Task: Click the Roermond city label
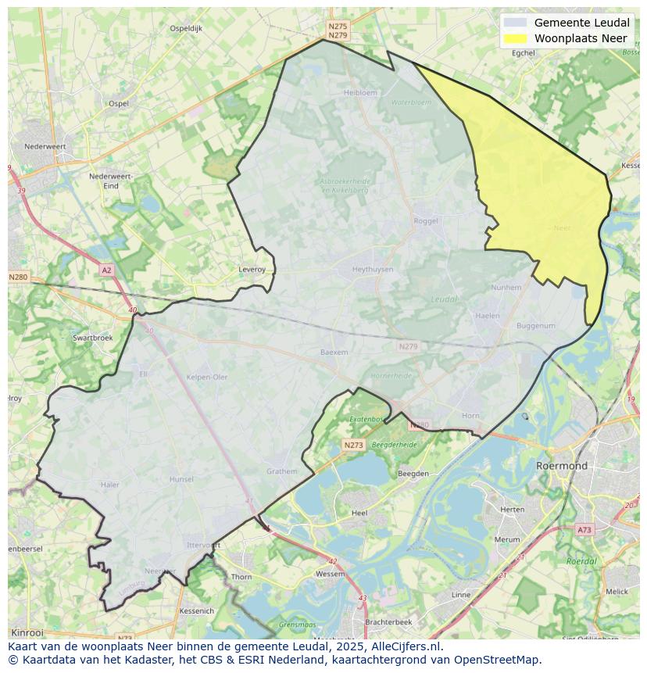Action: click(561, 466)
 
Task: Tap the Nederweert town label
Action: click(45, 146)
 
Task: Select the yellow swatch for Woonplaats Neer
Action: click(516, 38)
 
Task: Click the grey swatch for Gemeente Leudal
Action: click(516, 23)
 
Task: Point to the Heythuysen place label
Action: click(372, 269)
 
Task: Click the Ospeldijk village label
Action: click(186, 28)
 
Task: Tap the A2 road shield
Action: click(106, 270)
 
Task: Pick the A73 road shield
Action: click(584, 530)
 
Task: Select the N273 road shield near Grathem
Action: click(353, 445)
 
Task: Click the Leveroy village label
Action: click(252, 270)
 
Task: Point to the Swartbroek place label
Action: click(92, 338)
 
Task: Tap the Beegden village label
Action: click(413, 474)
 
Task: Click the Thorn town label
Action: click(241, 577)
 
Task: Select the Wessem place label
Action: click(329, 574)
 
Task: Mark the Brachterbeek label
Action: click(388, 622)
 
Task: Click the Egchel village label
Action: click(523, 53)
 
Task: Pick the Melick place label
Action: click(617, 592)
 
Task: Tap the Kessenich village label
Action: click(196, 610)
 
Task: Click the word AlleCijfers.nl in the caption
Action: click(399, 646)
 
